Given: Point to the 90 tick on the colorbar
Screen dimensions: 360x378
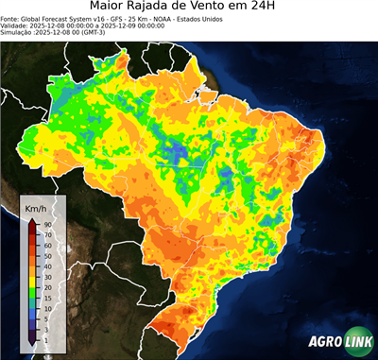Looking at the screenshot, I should [46, 223].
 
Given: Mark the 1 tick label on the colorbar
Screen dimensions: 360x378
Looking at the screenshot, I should [45, 338].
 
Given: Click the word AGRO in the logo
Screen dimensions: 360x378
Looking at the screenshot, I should [323, 341].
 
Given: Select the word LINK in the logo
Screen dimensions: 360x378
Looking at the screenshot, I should [356, 341].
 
